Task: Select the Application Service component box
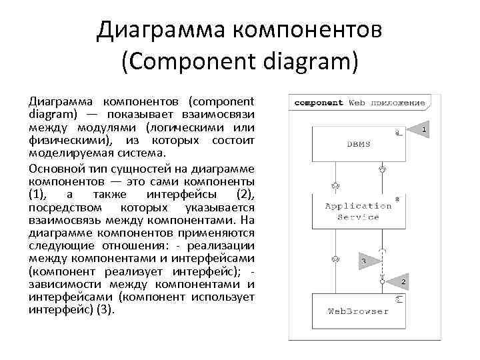(359, 211)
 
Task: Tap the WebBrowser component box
(359, 311)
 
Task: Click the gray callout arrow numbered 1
(419, 129)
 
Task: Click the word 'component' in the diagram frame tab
(319, 103)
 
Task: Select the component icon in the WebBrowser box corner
(398, 300)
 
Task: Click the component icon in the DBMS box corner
(398, 133)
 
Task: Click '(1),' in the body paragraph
(41, 194)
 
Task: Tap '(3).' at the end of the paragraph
(105, 310)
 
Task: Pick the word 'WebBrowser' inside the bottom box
(359, 311)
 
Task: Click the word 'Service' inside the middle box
(359, 217)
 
